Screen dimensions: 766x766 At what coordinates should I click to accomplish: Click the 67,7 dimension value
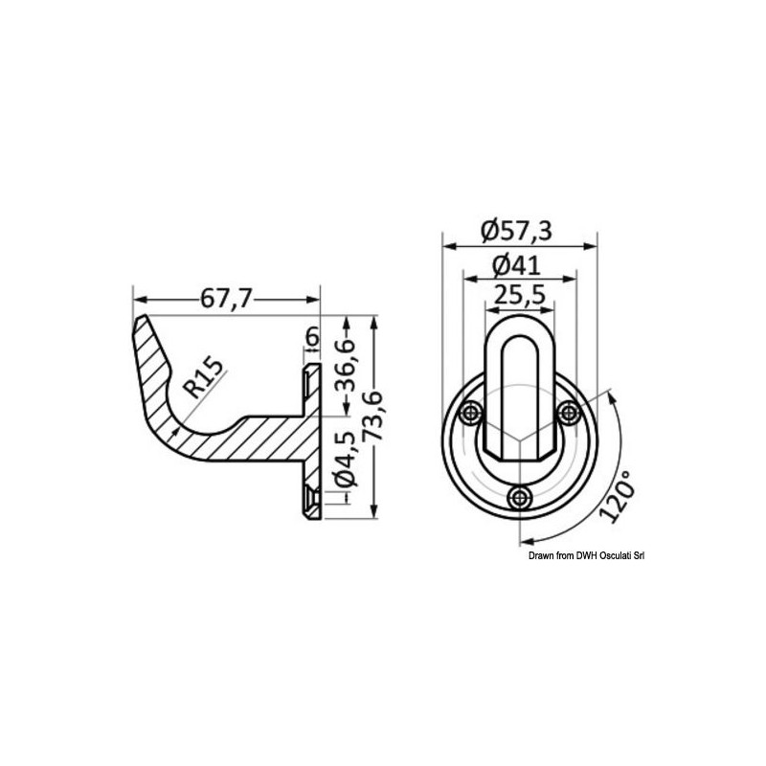226,299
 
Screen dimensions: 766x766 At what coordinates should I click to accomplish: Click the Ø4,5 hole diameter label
345,460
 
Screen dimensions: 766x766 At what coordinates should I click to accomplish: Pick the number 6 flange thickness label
312,337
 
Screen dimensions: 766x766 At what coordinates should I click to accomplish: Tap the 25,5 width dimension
519,295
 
